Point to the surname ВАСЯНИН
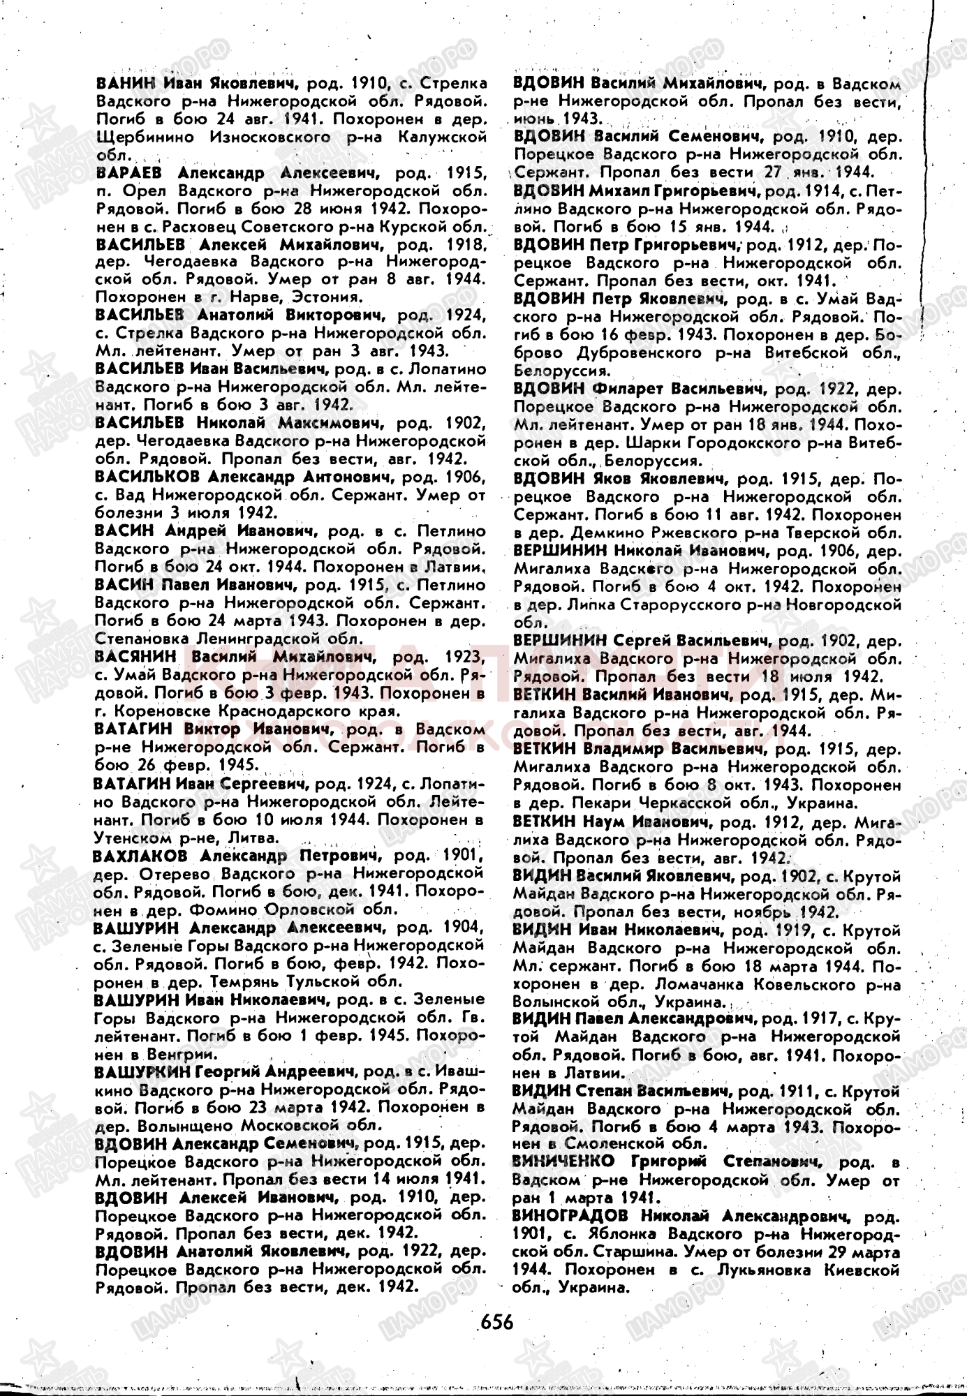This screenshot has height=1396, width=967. pyautogui.click(x=131, y=658)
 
